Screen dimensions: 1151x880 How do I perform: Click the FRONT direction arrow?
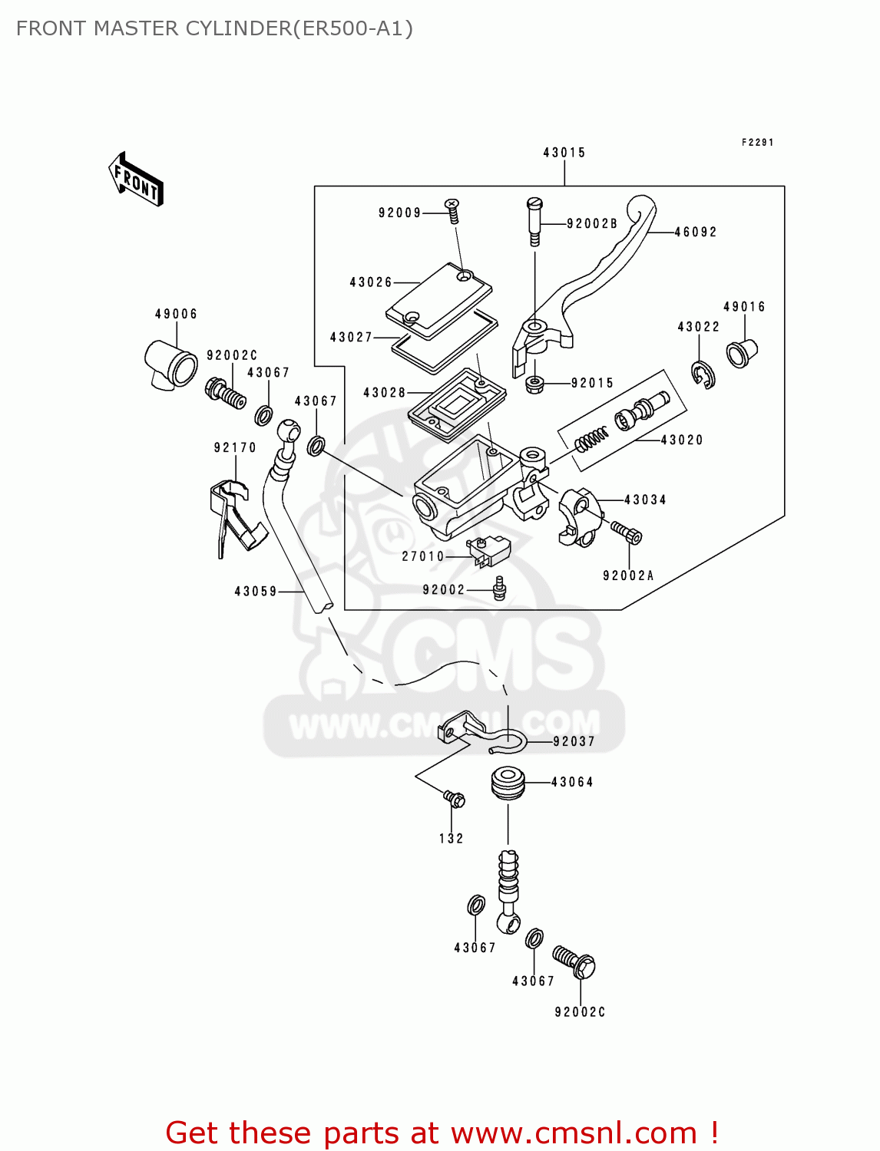(136, 180)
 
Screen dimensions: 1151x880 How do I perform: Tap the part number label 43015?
(564, 153)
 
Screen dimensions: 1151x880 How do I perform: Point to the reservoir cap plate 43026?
(438, 300)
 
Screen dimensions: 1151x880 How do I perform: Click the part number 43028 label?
(384, 393)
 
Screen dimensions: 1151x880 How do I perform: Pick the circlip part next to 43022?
(702, 374)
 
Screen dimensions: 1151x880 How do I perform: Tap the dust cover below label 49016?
(742, 353)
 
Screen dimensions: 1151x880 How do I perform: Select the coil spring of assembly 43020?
(592, 440)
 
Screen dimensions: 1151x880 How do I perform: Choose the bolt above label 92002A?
(626, 532)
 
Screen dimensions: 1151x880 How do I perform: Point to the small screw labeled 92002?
(499, 588)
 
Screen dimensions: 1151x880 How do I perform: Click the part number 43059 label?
(256, 592)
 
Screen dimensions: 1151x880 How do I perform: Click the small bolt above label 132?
(454, 800)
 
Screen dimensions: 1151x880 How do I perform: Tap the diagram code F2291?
(757, 143)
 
